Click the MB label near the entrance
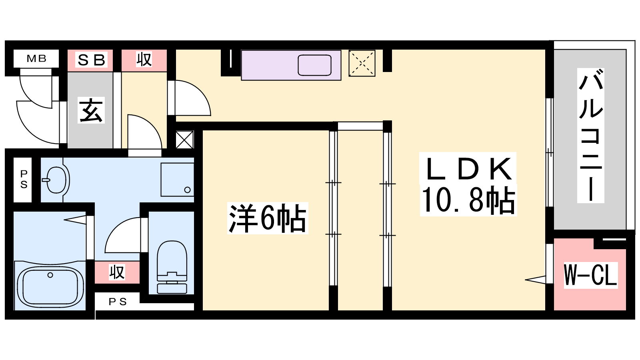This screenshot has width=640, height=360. (x=36, y=58)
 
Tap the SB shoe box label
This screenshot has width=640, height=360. (x=91, y=60)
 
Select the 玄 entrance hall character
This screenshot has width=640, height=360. (x=91, y=110)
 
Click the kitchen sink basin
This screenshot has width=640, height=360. (x=314, y=66)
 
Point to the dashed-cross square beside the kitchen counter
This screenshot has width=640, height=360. (x=362, y=64)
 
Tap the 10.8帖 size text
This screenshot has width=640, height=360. (x=468, y=200)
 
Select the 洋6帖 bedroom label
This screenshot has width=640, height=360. (x=268, y=218)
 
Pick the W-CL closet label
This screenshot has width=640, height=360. (x=590, y=275)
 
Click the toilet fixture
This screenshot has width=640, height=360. (x=172, y=267)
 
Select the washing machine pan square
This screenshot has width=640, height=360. (x=178, y=180)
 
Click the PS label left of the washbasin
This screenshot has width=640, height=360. (x=24, y=180)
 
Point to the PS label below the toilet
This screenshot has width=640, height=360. (x=118, y=302)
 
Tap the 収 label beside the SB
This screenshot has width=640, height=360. (x=144, y=60)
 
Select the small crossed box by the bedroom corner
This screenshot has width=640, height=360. (x=184, y=140)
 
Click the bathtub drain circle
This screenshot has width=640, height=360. (x=50, y=275)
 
